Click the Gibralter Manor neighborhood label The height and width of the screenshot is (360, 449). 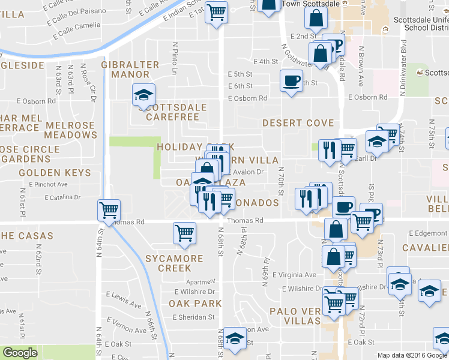pyautogui.click(x=130, y=70)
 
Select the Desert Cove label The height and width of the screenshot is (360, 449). pyautogui.click(x=298, y=123)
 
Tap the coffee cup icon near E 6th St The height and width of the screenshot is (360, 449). pyautogui.click(x=292, y=80)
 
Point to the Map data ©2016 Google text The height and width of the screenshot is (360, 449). pyautogui.click(x=412, y=355)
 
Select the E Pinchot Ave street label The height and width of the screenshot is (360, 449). pyautogui.click(x=51, y=184)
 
